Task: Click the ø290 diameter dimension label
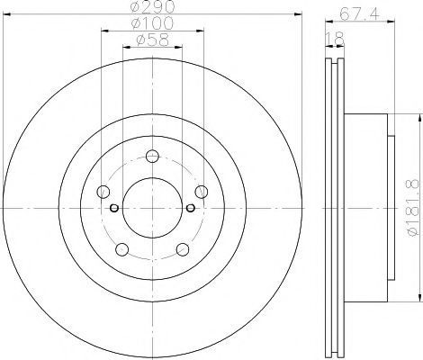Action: [152, 7]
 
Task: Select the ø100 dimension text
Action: [152, 23]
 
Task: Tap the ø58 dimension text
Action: [152, 40]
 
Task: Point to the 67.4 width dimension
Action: [360, 14]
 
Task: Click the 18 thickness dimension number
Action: [336, 39]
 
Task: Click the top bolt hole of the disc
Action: [152, 156]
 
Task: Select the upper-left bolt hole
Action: [103, 192]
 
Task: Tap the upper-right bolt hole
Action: [202, 192]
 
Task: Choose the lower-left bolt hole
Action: [122, 249]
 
